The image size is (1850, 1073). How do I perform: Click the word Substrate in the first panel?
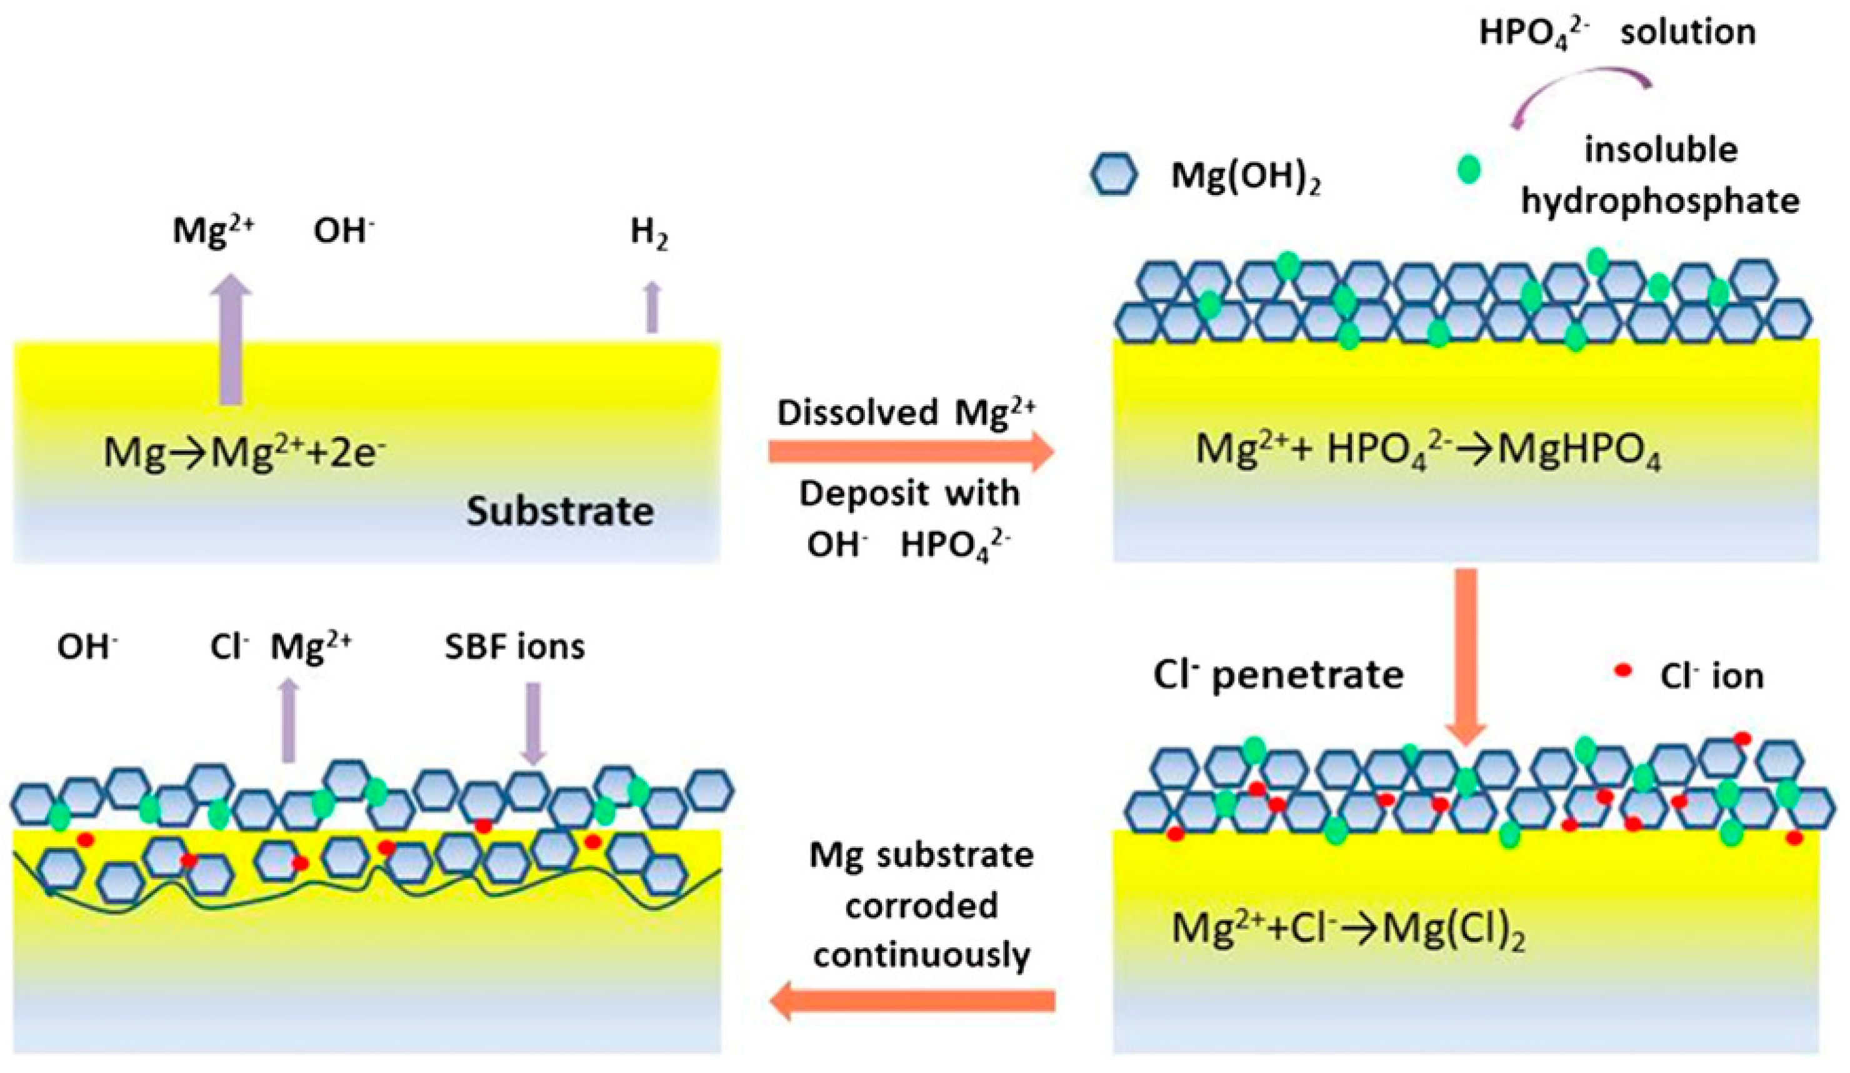click(559, 512)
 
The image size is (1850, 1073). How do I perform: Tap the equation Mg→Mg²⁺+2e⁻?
click(244, 452)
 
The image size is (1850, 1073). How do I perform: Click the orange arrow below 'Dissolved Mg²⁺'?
click(911, 451)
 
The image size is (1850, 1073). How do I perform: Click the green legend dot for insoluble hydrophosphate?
click(1469, 170)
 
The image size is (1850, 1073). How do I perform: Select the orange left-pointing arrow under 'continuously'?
click(911, 1001)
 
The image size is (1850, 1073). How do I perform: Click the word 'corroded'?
click(921, 906)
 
